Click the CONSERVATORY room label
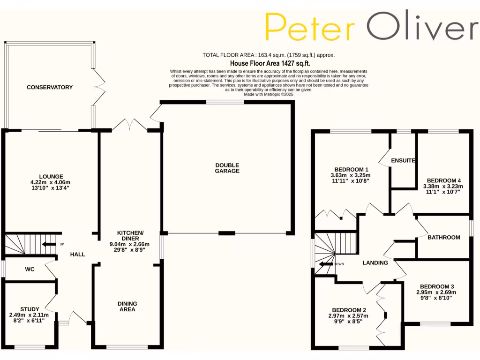(x=50, y=87)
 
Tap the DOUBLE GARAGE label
(x=227, y=168)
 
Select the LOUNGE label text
(x=52, y=176)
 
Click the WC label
(x=30, y=270)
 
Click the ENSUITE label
(x=403, y=160)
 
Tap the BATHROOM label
(x=443, y=237)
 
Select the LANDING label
(x=375, y=262)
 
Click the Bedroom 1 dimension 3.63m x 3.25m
(x=351, y=175)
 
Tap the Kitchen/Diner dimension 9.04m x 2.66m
(x=130, y=244)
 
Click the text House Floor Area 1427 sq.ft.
(x=270, y=63)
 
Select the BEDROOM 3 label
(x=437, y=286)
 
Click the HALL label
(x=77, y=254)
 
